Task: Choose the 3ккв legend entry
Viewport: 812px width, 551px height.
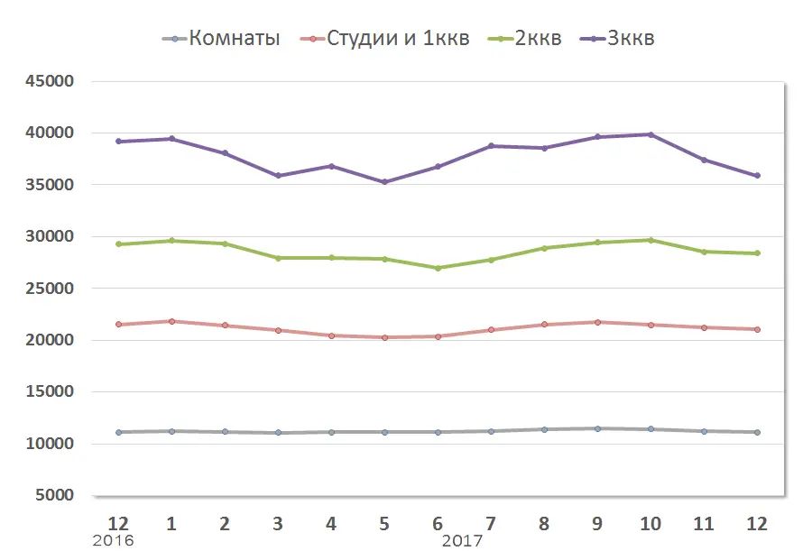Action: click(x=631, y=39)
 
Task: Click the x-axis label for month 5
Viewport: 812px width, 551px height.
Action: click(x=384, y=523)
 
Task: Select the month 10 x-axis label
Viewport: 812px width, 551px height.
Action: click(x=651, y=523)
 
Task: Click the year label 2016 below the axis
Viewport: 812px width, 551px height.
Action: click(x=114, y=541)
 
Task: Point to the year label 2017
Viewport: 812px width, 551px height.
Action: click(x=463, y=541)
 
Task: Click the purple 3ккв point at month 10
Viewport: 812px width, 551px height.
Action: click(x=651, y=134)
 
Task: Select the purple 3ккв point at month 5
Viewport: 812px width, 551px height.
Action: click(x=384, y=182)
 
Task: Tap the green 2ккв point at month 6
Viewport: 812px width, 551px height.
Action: click(x=438, y=268)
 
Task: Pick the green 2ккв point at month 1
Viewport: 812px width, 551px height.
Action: click(x=171, y=241)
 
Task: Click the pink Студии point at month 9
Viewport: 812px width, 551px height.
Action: click(x=597, y=322)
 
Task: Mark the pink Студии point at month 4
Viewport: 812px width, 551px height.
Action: click(x=331, y=335)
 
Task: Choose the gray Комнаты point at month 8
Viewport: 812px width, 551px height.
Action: click(x=544, y=429)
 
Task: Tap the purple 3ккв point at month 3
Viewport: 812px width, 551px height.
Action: click(x=278, y=176)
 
